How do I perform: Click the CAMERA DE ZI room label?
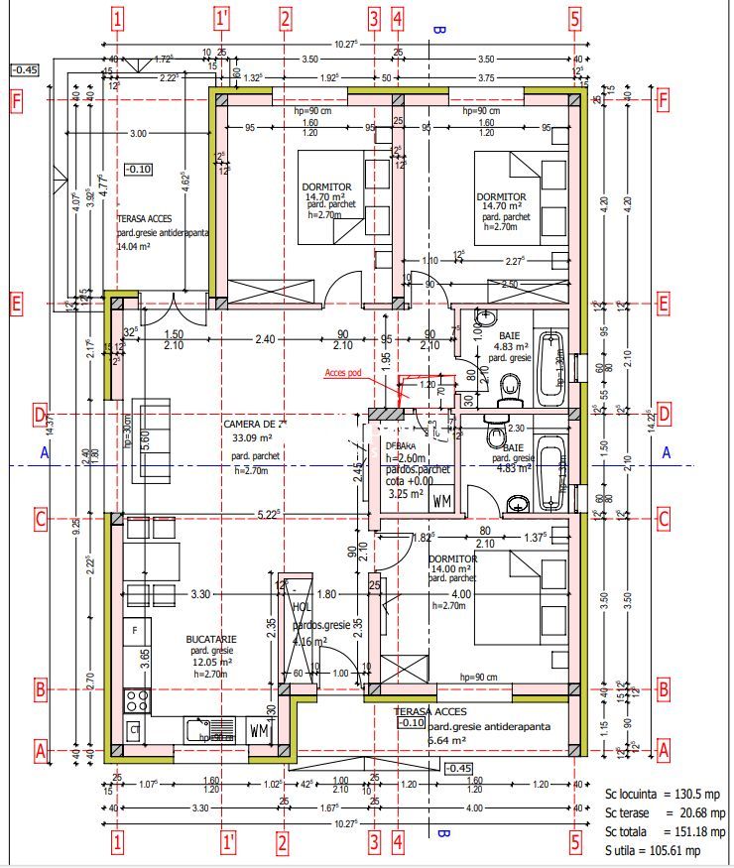255,424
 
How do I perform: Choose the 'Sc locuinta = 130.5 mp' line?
651,795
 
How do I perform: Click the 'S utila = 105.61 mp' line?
653,851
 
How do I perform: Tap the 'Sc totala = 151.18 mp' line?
652,832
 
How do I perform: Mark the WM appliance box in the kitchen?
260,732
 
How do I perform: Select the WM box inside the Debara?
442,501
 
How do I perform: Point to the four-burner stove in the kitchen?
137,700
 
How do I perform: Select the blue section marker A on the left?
45,452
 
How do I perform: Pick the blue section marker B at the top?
439,30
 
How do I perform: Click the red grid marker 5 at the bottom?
574,843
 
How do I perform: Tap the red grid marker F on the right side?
663,101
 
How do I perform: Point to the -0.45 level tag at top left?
24,69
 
